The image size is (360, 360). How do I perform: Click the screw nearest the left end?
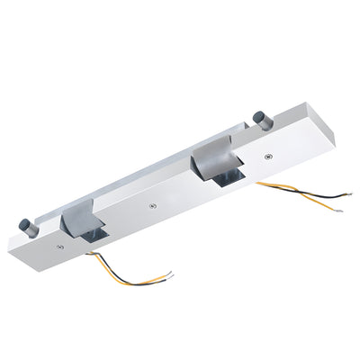pos(59,244)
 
